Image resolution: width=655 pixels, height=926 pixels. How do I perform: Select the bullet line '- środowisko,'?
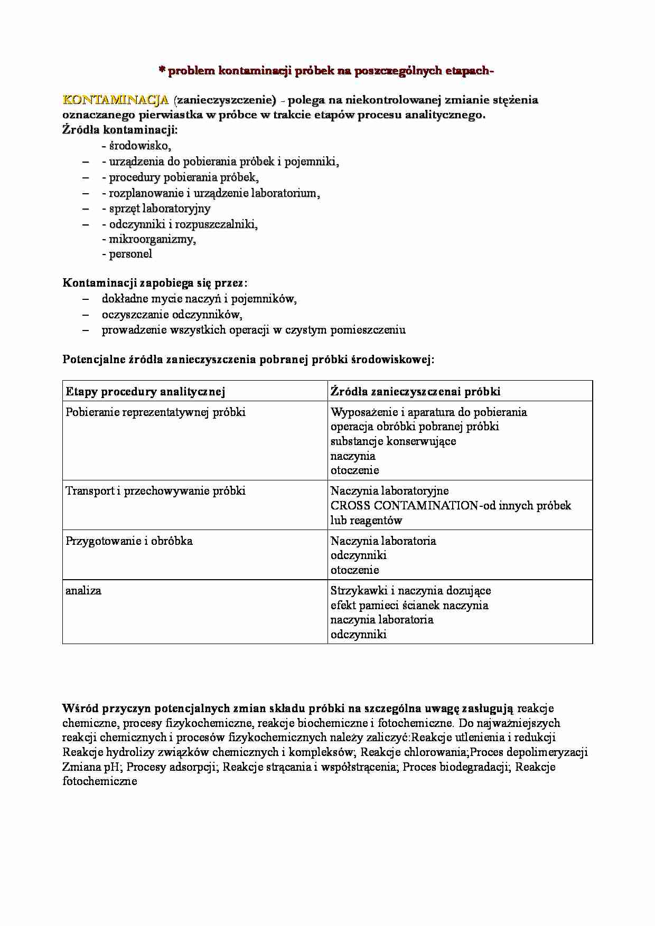point(136,146)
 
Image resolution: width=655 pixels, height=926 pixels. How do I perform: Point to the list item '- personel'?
point(127,254)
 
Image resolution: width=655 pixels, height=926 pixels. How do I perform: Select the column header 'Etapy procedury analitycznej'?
point(145,391)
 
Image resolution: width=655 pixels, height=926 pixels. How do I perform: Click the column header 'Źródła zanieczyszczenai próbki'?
point(415,391)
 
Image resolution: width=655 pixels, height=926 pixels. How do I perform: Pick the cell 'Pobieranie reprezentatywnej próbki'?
point(155,412)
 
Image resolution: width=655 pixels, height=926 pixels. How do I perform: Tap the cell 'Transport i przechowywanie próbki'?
point(155,490)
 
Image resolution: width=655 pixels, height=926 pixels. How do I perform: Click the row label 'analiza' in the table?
point(83,590)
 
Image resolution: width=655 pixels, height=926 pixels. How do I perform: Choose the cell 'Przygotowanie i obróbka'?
point(129,541)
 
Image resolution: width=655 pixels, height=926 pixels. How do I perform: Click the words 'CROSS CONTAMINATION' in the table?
point(404,505)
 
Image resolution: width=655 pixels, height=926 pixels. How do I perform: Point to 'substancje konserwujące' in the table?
point(393,441)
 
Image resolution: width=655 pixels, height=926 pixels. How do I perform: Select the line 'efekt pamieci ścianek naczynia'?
point(409,605)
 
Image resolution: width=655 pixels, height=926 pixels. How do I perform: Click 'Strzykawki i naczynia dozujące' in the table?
point(410,590)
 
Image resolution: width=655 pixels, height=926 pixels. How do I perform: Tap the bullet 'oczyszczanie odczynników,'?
point(172,315)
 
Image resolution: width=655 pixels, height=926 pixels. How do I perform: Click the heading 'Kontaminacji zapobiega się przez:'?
point(155,283)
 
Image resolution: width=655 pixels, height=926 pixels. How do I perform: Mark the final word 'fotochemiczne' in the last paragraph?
point(100,781)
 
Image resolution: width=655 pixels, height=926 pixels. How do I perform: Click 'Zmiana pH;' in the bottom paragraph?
point(92,767)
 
